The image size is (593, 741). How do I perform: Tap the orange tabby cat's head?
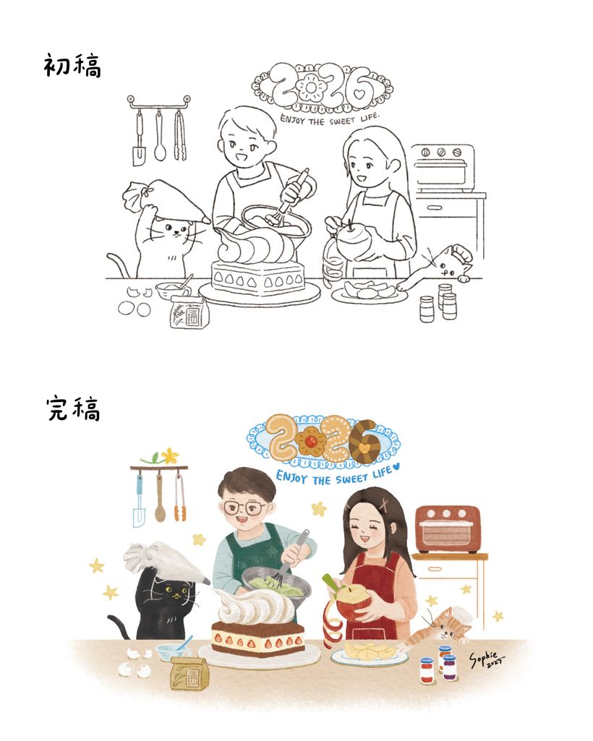point(447,625)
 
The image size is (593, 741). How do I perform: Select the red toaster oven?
point(448,529)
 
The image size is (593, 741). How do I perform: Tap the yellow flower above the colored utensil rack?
point(168,455)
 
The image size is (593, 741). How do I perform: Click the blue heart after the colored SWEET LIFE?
point(396,466)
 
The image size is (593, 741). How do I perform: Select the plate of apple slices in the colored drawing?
point(369,654)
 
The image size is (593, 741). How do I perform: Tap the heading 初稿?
point(73,66)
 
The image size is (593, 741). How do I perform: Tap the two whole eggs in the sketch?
point(135,309)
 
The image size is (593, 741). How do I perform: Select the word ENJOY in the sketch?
point(293,119)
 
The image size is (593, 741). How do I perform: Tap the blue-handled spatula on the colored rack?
point(139,500)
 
